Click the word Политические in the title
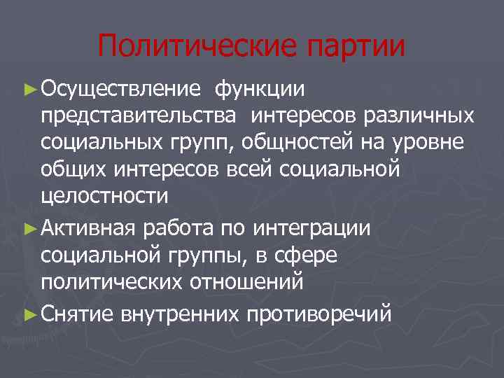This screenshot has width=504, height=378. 188,47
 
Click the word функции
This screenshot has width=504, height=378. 260,89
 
